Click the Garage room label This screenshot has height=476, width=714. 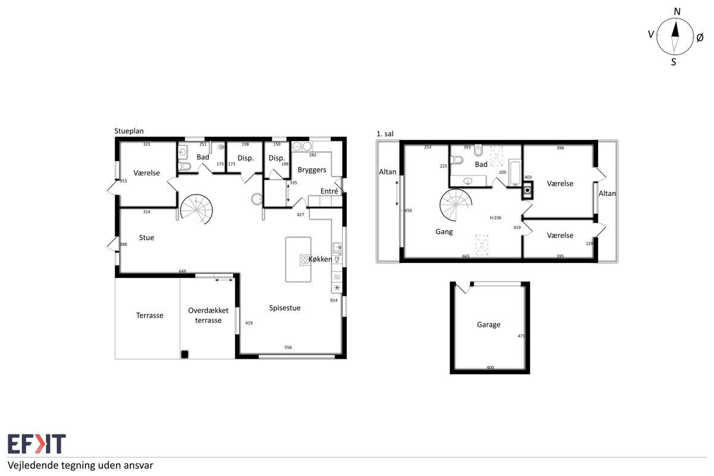tap(488, 324)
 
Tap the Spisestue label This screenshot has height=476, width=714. tap(284, 308)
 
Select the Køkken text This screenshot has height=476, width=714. tap(320, 259)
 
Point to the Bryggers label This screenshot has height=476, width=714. tap(312, 170)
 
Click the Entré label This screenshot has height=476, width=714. tap(329, 191)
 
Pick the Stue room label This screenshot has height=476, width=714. tap(146, 237)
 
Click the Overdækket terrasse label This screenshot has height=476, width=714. tap(208, 315)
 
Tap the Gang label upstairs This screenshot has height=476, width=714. tap(444, 232)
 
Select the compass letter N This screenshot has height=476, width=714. tap(677, 12)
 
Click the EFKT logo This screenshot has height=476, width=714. tap(37, 443)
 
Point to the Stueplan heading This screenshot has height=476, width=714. tap(129, 131)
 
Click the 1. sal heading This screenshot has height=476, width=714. tap(385, 134)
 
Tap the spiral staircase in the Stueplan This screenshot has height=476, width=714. tap(196, 209)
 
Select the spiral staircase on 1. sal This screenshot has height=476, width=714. tap(456, 205)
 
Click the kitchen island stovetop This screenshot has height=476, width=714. tap(305, 260)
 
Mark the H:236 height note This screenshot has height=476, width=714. tap(495, 218)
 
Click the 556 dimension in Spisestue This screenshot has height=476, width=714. tap(288, 347)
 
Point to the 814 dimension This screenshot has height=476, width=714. tap(334, 300)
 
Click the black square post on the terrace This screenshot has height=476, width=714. tap(184, 354)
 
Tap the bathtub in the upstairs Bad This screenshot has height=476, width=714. tap(515, 173)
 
